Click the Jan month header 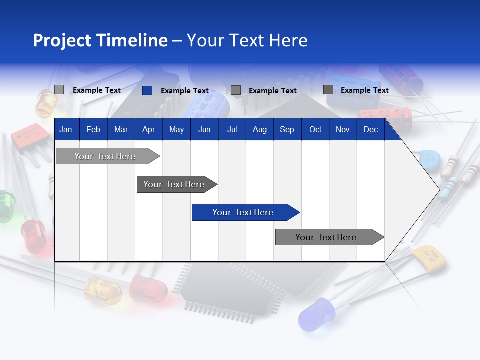point(66,130)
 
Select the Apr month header point(148,130)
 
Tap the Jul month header point(232,130)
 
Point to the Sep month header point(287,130)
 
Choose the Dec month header point(370,130)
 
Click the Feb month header point(93,130)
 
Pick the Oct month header point(315,130)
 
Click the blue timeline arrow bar point(245,212)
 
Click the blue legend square point(147,90)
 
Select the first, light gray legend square point(59,90)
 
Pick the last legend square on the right point(328,90)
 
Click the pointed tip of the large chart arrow point(438,189)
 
